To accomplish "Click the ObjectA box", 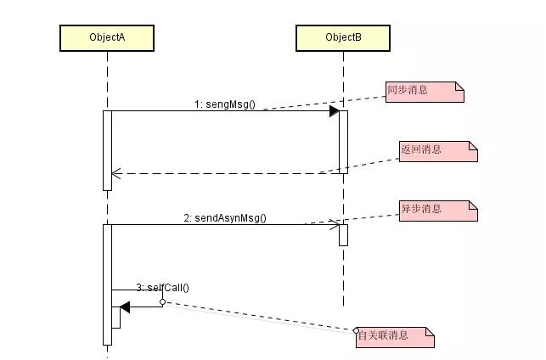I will click(x=107, y=37).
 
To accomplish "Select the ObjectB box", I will click(x=343, y=37).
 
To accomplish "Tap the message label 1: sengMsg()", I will click(x=224, y=104).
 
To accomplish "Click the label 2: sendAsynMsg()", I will click(x=225, y=217).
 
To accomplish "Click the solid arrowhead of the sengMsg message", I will click(x=335, y=111).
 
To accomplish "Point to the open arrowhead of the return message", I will click(x=117, y=173).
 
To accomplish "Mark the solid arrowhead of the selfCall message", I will click(x=125, y=307).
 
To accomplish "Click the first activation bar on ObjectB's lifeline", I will click(x=344, y=140).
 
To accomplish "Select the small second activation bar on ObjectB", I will click(x=344, y=234).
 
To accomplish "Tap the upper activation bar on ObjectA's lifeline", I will click(x=108, y=149).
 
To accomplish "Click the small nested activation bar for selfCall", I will click(x=115, y=317).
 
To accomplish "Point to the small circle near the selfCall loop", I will click(x=162, y=301).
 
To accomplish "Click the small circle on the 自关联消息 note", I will click(x=357, y=329).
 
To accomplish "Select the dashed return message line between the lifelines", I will click(x=225, y=173).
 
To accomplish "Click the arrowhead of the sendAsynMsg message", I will click(x=336, y=225).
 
